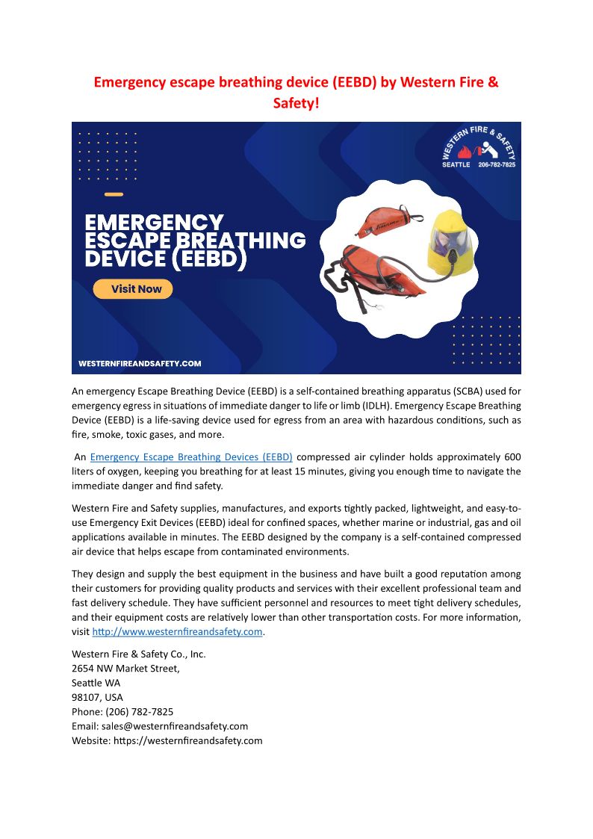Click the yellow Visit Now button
pos(133,289)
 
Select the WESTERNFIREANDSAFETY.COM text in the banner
pos(140,364)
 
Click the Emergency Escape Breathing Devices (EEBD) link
pos(191,456)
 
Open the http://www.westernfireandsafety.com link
pos(178,632)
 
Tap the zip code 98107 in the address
pos(84,697)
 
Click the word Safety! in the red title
pos(296,102)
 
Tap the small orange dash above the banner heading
pos(114,194)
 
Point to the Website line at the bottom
pos(167,740)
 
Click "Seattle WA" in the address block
pos(96,683)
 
